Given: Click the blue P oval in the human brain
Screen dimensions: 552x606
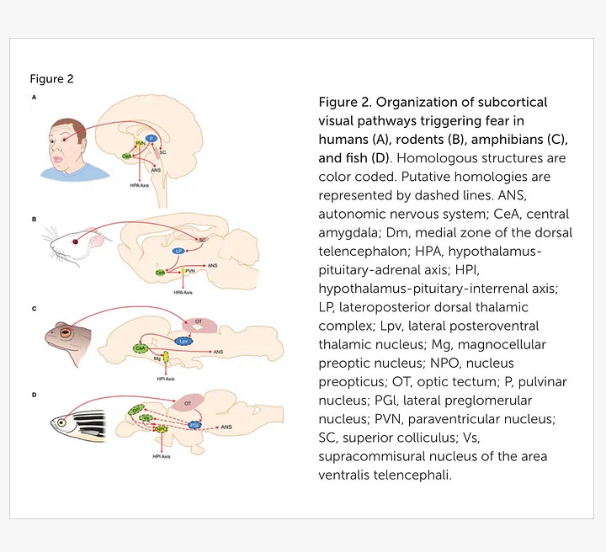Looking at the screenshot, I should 151,138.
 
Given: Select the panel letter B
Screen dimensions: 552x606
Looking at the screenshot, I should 34,219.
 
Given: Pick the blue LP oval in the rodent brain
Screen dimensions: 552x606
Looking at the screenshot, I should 178,252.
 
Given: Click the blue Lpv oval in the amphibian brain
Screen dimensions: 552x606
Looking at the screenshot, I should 184,342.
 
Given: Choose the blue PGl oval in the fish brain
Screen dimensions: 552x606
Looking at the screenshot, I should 193,426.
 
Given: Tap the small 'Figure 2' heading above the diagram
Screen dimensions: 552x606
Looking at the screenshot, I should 51,79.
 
